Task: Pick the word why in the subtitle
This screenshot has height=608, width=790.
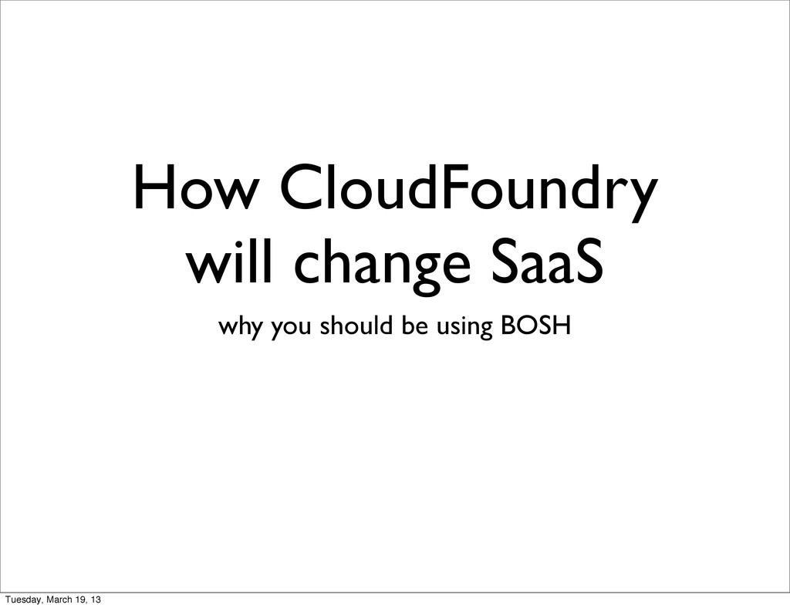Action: click(237, 328)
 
